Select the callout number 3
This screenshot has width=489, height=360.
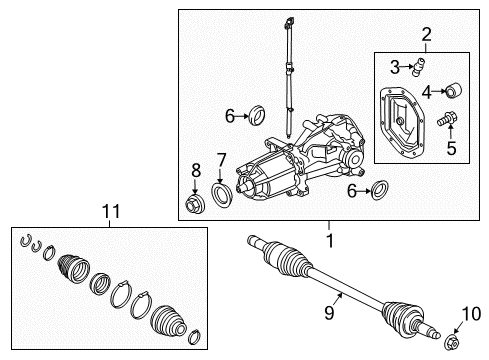394,67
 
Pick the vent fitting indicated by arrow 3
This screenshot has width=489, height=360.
422,66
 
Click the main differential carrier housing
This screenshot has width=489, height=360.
300,165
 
